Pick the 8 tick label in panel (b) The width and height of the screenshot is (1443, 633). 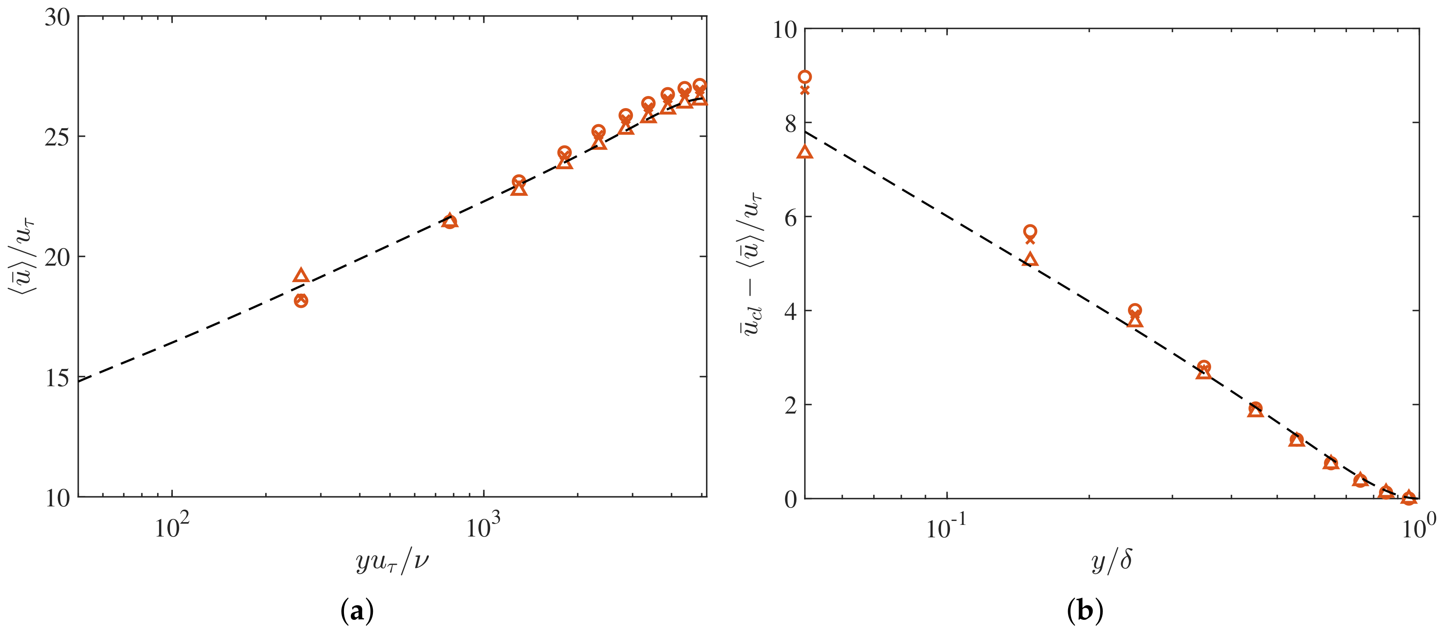tap(790, 124)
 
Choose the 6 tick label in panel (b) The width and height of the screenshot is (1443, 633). tap(790, 218)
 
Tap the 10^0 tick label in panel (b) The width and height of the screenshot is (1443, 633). tap(1418, 526)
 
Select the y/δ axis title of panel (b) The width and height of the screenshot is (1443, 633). tap(1111, 560)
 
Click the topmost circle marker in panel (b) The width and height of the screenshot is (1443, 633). tap(805, 77)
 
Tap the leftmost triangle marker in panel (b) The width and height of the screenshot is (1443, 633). tap(805, 152)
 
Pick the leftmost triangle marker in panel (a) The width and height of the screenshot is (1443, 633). tap(301, 276)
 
